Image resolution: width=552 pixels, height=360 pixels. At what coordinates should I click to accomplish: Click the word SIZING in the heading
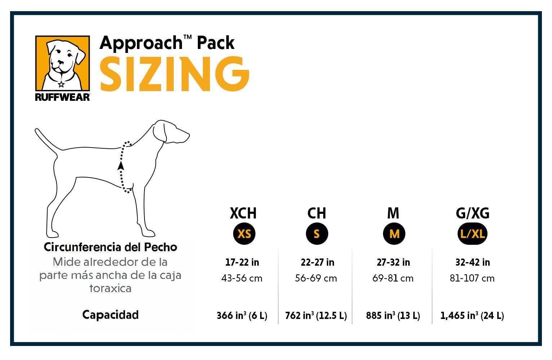[174, 74]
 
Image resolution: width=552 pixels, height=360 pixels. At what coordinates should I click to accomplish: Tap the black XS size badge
[244, 234]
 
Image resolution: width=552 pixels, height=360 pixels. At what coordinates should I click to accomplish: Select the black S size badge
[317, 234]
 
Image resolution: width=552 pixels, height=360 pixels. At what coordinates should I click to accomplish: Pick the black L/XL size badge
[472, 234]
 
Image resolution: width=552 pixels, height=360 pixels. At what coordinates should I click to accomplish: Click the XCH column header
[243, 213]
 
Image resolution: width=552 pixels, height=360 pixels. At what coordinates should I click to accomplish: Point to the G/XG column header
[472, 213]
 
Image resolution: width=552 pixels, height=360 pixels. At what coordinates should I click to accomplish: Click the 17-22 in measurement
[242, 262]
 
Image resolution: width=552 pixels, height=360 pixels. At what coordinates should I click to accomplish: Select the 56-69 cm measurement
[316, 278]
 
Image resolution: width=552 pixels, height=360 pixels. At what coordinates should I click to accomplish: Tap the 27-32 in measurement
[393, 262]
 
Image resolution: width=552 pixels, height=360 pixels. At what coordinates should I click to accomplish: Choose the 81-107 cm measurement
[472, 278]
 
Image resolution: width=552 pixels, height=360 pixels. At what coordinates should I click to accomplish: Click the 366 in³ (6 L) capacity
[242, 316]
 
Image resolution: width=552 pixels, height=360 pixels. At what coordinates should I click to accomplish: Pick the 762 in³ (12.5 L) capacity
[316, 316]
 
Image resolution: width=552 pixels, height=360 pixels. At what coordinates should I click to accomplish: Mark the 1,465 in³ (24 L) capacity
[472, 316]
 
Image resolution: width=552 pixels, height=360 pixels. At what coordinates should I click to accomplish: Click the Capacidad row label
[110, 315]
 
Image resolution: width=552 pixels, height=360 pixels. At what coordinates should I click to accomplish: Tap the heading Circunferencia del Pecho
[110, 247]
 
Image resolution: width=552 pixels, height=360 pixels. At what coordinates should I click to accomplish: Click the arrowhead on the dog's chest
[121, 166]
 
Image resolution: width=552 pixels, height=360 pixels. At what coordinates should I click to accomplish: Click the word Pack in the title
[215, 43]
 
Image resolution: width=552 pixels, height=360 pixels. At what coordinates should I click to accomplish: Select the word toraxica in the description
[110, 288]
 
